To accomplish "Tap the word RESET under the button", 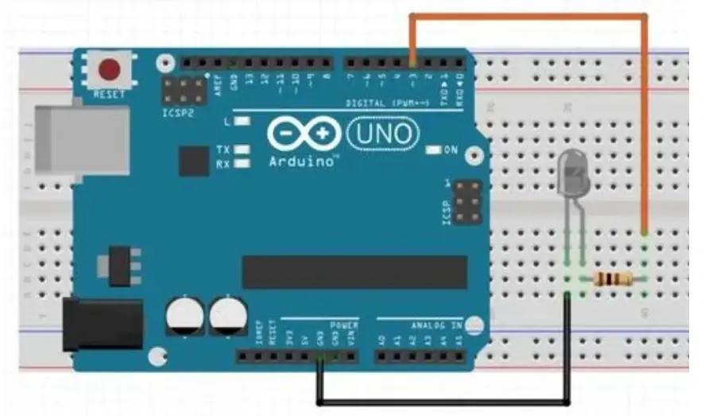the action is (110, 94).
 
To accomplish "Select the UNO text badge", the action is (383, 132).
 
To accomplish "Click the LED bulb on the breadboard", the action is (574, 172).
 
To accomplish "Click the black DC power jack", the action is (102, 325).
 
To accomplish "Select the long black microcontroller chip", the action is (354, 272).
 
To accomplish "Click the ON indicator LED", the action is (434, 150).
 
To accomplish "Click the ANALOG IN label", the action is (436, 325).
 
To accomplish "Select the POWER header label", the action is (343, 325).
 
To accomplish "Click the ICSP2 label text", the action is (177, 113).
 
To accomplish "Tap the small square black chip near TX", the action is (194, 161).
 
